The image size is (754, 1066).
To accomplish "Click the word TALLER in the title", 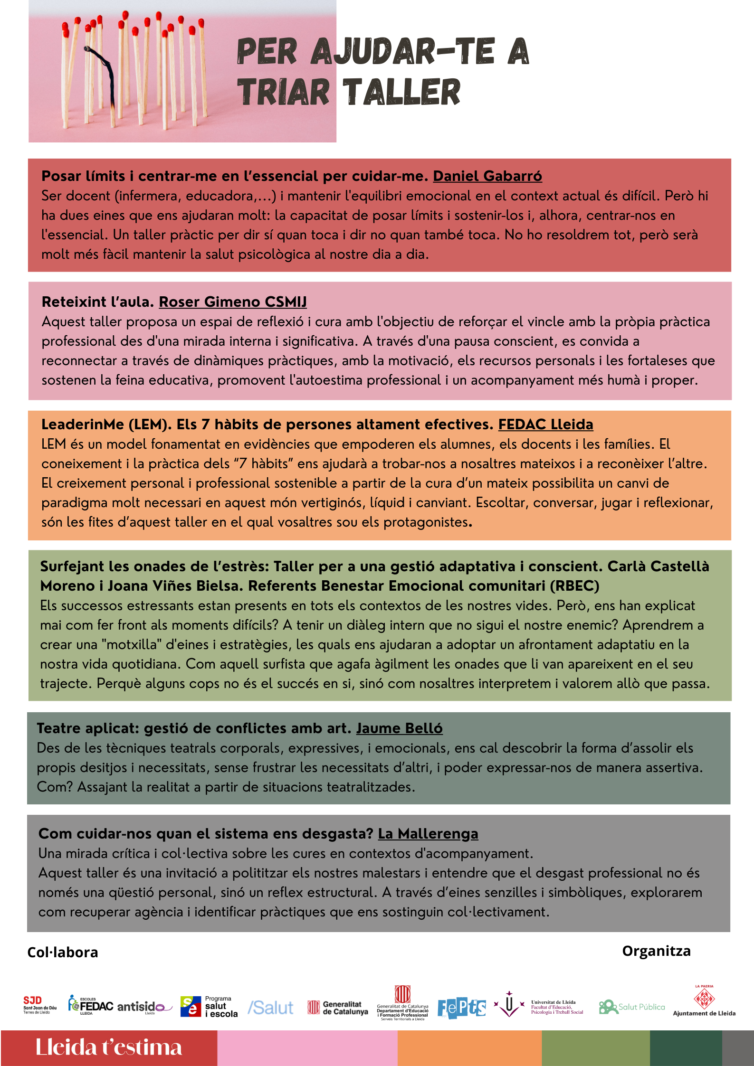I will [x=401, y=92].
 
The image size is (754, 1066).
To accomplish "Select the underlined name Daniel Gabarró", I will [x=487, y=176].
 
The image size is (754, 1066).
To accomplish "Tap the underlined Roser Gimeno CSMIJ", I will [x=233, y=302].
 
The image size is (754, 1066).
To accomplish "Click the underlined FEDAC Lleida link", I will [x=545, y=425].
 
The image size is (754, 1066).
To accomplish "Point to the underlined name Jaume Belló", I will [x=399, y=728].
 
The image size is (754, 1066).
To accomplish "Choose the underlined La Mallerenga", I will [x=428, y=834].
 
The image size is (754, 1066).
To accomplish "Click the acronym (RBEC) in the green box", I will [x=574, y=586].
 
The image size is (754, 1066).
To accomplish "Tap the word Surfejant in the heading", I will [x=72, y=566].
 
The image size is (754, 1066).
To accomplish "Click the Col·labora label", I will [x=63, y=953].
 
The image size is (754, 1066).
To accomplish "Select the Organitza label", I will [x=656, y=951].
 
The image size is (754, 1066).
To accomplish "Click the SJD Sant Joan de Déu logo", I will [x=39, y=1005].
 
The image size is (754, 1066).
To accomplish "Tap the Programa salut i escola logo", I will [x=209, y=1007].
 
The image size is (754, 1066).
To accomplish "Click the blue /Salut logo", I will [x=270, y=1008].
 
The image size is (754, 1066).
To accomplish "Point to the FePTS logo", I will [x=461, y=1008].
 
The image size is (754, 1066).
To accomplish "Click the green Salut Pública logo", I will [x=631, y=1007].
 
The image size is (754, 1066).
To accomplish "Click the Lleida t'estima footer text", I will [x=109, y=1047].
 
